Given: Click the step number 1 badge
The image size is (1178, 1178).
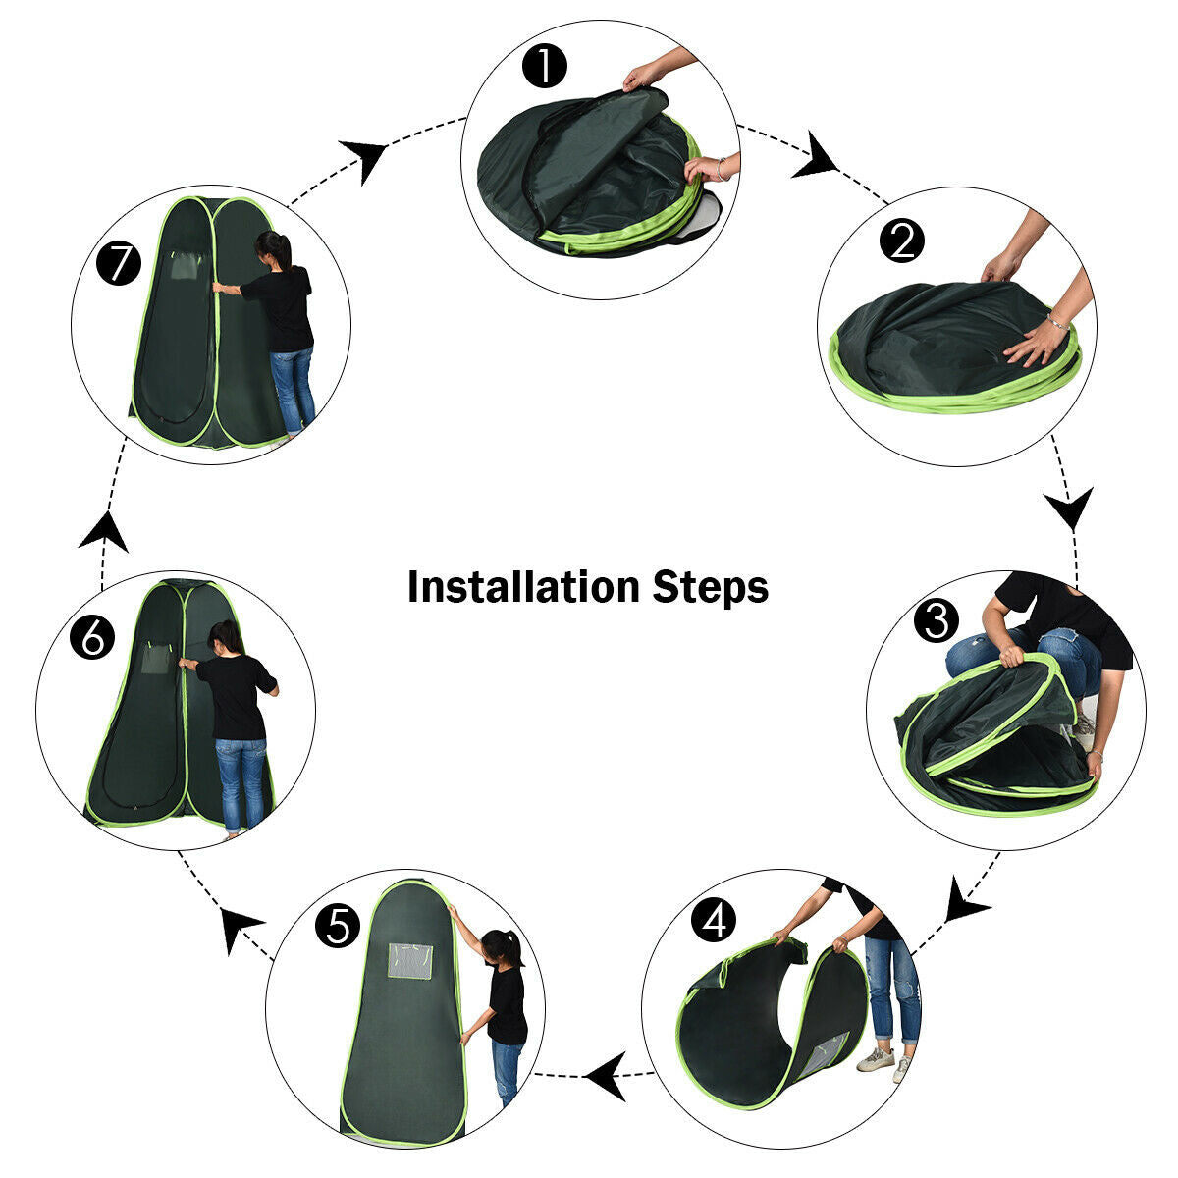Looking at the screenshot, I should tap(545, 68).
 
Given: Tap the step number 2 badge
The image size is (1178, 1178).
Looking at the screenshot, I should tap(902, 241).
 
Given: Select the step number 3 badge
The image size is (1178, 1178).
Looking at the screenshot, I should tap(936, 620).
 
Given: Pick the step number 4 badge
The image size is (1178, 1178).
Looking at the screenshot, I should tap(713, 920).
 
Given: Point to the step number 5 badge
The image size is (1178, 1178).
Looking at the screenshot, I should tap(338, 926).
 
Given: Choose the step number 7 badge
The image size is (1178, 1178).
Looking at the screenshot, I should tap(120, 264).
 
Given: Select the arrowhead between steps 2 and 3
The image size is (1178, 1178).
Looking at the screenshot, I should tap(1068, 509).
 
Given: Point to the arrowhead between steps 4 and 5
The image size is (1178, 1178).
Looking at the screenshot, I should tap(608, 1076).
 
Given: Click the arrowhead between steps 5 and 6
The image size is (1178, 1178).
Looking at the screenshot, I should tap(238, 927).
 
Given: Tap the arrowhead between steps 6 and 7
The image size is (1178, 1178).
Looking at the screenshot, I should tap(103, 532).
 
